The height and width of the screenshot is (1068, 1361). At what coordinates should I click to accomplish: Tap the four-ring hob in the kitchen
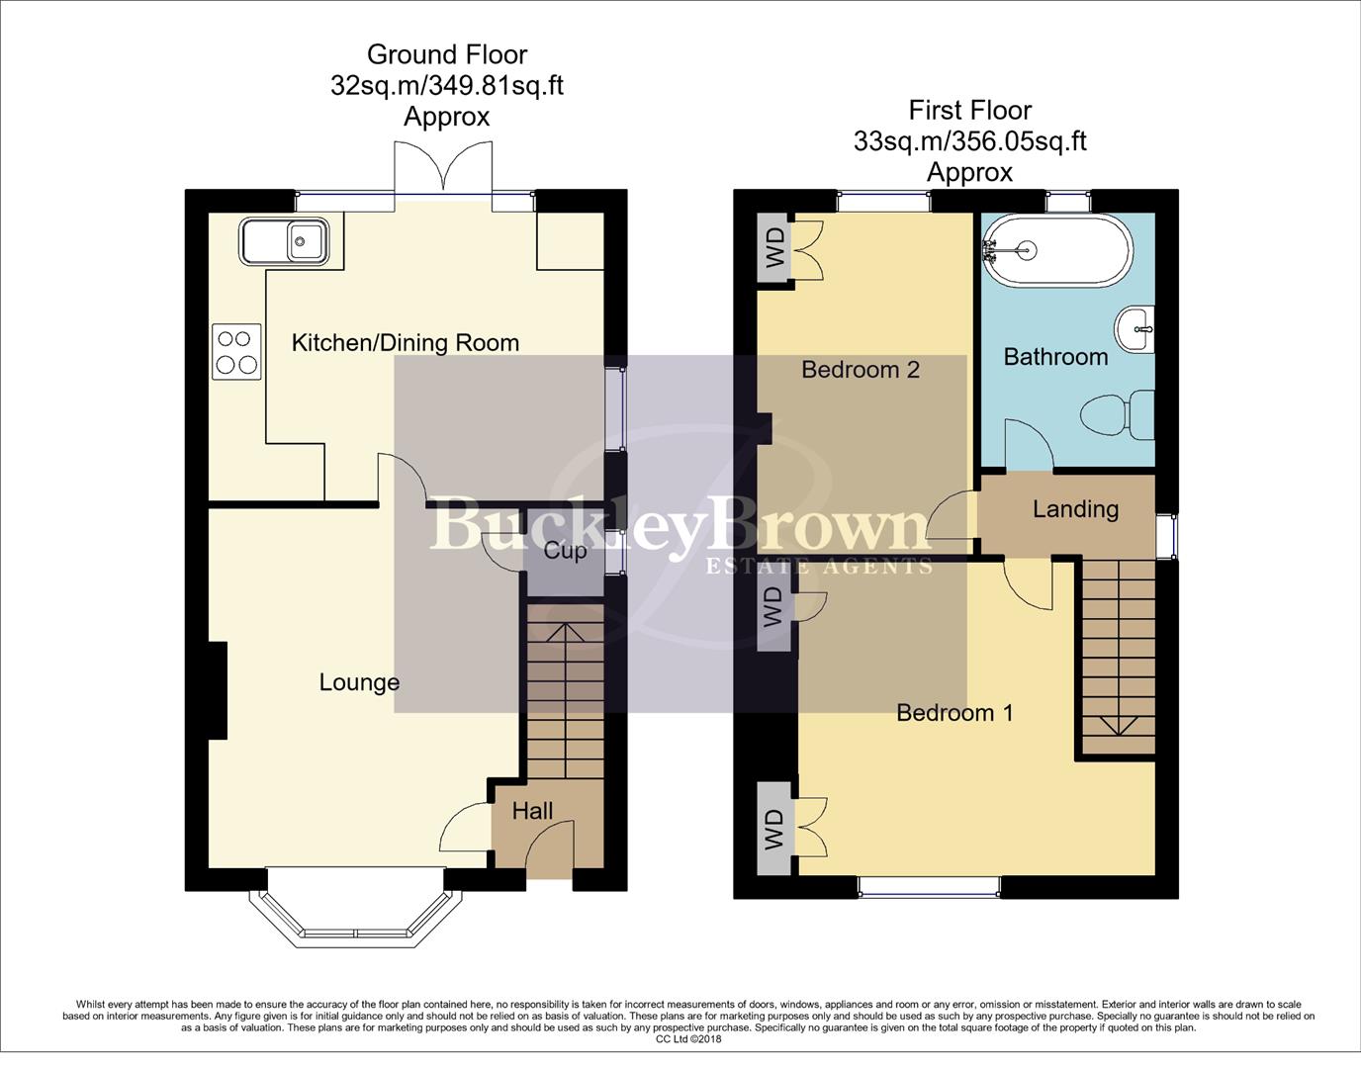click(x=236, y=352)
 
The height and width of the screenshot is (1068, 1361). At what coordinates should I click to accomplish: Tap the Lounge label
click(x=359, y=682)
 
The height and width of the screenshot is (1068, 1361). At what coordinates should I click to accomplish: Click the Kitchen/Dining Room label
click(x=405, y=343)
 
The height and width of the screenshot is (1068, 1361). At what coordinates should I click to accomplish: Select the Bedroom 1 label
click(x=954, y=713)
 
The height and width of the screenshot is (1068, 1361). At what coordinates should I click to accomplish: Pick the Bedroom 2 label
click(x=860, y=370)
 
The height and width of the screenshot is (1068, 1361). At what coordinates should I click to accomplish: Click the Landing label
click(x=1075, y=509)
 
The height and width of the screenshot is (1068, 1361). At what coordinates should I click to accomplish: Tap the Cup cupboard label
click(x=565, y=551)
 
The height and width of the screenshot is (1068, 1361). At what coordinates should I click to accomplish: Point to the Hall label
click(x=532, y=812)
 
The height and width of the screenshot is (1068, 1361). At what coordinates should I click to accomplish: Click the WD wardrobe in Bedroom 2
click(x=774, y=247)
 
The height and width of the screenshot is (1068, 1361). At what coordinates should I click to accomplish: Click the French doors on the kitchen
click(x=443, y=168)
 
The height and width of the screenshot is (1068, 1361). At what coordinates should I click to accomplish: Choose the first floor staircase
click(x=1117, y=657)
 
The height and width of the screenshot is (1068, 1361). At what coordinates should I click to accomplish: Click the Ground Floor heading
click(x=447, y=54)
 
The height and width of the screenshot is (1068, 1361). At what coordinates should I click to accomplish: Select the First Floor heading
click(x=969, y=110)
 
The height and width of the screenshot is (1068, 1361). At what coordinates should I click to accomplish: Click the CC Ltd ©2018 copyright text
click(x=688, y=1039)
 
